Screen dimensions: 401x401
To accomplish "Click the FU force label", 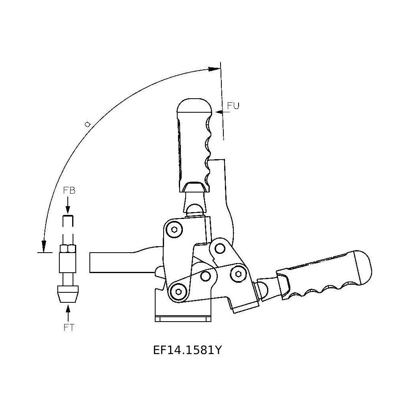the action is pos(233,105).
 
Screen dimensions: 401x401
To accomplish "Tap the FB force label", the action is pos(69,190).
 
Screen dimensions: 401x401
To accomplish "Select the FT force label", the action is pos(69,328).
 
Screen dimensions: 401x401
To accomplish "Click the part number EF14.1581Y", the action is pos(187,350).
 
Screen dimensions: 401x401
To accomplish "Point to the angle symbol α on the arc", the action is pos(88,125).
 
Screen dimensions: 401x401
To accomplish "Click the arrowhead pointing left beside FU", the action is pos(219,112).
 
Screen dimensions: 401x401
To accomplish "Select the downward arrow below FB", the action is pos(68,205).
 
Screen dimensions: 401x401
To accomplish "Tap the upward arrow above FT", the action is pos(68,313).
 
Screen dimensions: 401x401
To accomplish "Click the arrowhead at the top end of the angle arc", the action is pos(214,69).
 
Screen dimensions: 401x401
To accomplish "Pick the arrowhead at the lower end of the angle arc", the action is pos(44,246).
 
